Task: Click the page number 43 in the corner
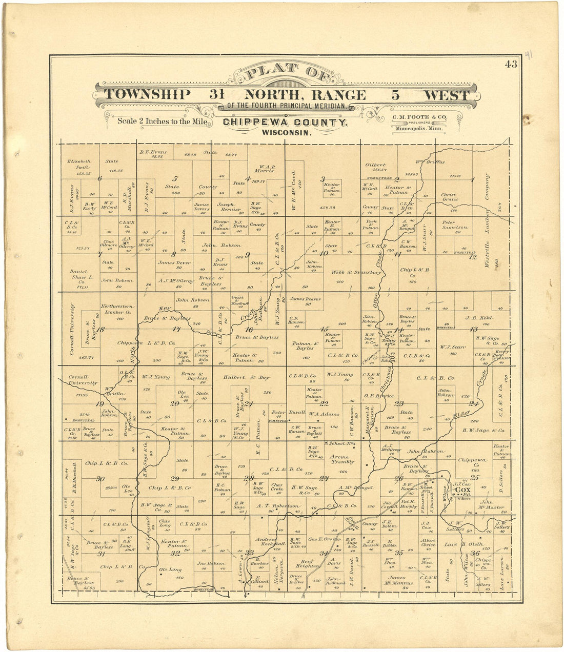[511, 64]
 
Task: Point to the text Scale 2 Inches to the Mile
[162, 121]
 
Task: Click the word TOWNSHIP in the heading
[148, 95]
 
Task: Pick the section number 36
[475, 553]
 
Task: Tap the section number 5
[175, 179]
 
